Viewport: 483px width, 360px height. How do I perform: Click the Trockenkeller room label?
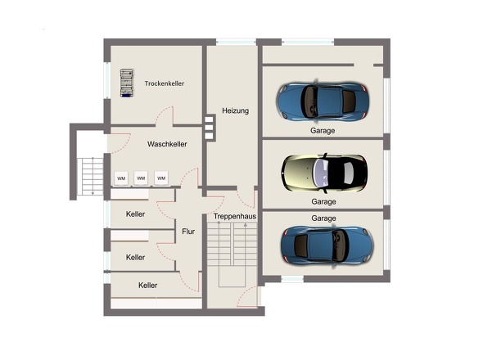165,83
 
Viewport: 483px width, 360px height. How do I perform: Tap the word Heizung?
235,110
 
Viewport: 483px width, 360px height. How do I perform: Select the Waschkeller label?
167,144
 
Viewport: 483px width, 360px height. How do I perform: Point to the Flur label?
188,232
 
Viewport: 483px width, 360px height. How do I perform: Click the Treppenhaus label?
235,216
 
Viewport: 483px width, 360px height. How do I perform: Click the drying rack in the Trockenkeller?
127,83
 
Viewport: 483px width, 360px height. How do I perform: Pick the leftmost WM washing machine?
121,178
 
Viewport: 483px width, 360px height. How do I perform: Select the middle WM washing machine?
141,178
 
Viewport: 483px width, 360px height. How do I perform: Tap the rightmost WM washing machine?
161,178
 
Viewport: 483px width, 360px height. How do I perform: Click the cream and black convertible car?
324,173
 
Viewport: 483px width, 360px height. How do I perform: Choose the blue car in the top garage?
323,101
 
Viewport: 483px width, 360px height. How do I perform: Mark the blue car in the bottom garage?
327,245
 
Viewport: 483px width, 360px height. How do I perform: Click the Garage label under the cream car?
323,202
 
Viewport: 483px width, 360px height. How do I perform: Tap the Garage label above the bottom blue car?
323,218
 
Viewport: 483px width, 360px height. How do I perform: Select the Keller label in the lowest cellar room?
148,286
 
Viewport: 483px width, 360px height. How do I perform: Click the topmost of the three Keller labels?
135,214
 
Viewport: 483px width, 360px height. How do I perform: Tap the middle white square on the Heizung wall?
209,127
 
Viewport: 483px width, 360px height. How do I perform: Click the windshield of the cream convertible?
320,173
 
